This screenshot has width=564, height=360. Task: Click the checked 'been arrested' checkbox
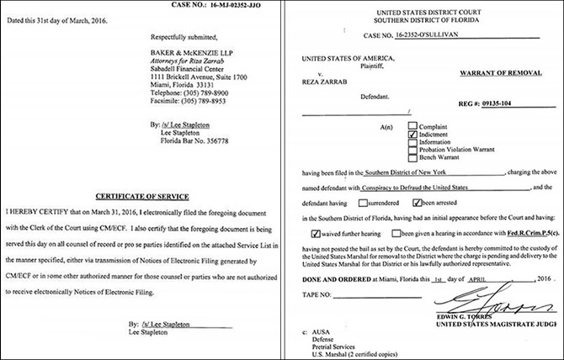click(x=418, y=203)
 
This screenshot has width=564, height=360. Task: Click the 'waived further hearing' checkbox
click(x=315, y=232)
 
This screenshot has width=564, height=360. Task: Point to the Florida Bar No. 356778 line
click(x=197, y=140)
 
